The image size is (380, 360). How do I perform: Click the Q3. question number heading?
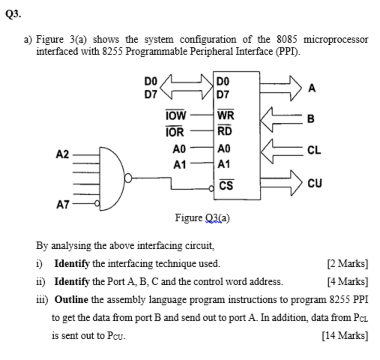(13, 14)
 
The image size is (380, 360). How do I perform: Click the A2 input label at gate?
(63, 154)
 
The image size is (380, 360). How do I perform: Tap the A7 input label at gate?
(63, 205)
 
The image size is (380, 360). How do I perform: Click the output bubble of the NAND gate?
(128, 178)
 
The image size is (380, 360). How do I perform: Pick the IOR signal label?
(175, 132)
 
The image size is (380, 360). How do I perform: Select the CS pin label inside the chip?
(226, 185)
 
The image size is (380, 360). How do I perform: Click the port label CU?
(314, 183)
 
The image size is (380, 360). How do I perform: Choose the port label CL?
(314, 151)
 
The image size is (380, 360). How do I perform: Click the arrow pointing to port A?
(281, 88)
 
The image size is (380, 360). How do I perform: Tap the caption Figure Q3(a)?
(202, 218)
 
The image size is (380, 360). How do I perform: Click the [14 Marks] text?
(345, 335)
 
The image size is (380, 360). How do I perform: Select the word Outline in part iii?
(71, 300)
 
